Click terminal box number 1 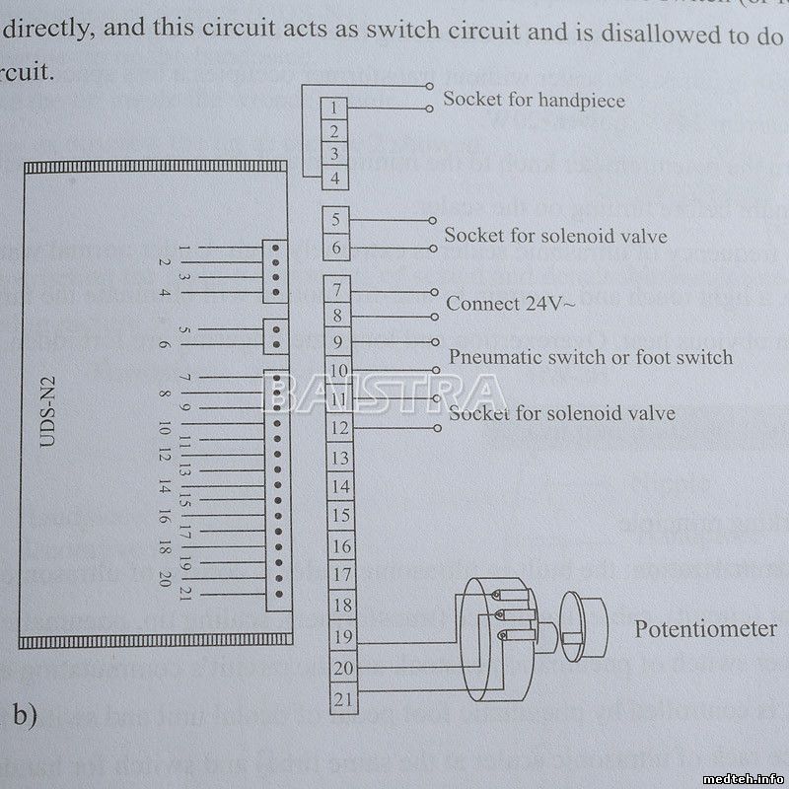click(x=335, y=108)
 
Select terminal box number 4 click(x=335, y=179)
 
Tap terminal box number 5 click(x=335, y=220)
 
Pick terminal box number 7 click(x=337, y=291)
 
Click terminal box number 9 click(x=337, y=343)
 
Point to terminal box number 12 click(x=338, y=429)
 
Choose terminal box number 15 click(x=339, y=516)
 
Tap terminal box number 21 click(x=341, y=701)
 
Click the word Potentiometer click(x=704, y=629)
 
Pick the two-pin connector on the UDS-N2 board click(x=276, y=336)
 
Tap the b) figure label click(x=23, y=712)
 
